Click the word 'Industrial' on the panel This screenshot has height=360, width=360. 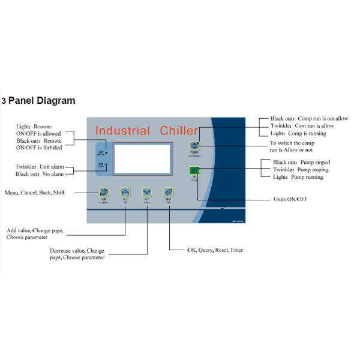123,131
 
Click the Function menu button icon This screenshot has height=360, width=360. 104,192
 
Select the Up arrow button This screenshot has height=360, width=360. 125,192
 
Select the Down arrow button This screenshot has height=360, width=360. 147,192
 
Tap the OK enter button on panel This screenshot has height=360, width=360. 169,192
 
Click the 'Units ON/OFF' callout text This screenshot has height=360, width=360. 290,199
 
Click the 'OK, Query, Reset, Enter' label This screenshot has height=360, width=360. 215,250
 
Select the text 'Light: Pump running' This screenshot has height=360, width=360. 298,177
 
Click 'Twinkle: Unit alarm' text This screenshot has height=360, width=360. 40,166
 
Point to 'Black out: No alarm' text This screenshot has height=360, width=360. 40,174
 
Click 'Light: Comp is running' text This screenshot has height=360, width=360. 298,133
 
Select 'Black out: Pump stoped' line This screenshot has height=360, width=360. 301,163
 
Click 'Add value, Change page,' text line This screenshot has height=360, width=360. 34,230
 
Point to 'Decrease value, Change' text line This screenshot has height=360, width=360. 77,250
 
